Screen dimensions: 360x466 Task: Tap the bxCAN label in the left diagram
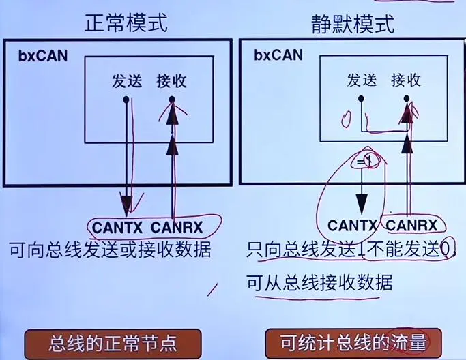43,55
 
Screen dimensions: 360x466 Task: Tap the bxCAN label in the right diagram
276,55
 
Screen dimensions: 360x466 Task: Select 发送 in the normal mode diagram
127,81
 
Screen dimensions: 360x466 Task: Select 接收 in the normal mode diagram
171,81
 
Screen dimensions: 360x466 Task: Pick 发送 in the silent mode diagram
362,81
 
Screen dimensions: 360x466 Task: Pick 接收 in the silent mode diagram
406,81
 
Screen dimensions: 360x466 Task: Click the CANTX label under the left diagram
118,226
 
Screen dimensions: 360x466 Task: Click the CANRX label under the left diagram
178,226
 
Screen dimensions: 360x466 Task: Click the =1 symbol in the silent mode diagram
362,161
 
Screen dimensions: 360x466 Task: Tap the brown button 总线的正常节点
113,342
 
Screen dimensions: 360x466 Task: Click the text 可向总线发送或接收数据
111,250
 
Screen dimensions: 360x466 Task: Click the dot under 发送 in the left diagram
127,100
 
